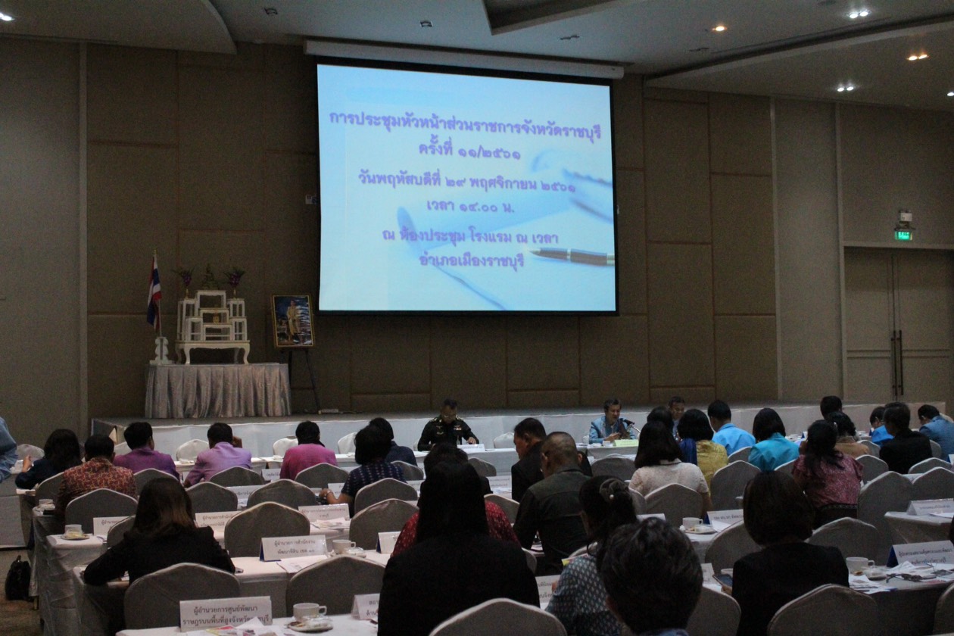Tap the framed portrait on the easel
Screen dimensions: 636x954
point(292,321)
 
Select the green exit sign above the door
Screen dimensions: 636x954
point(903,235)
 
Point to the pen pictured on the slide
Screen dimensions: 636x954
point(572,256)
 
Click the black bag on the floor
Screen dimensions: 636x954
point(18,579)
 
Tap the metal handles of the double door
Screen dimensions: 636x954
point(896,363)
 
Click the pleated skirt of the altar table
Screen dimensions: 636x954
point(217,390)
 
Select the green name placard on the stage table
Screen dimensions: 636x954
point(625,443)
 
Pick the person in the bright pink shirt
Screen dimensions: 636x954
point(307,452)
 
